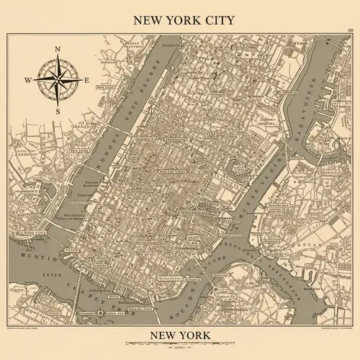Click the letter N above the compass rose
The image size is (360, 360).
[57, 50]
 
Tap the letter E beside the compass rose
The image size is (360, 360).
[87, 80]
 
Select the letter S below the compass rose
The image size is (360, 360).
[58, 111]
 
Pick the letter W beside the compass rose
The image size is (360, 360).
[27, 80]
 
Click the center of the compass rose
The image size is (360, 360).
[58, 80]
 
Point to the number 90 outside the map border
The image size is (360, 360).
[350, 30]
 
